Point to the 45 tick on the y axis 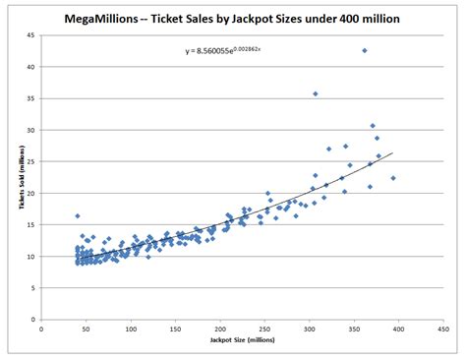tap(29, 35)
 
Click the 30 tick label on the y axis tap(29, 130)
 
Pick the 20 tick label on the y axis tap(29, 194)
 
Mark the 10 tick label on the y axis tap(29, 257)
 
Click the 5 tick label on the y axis tap(31, 288)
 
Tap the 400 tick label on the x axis tap(399, 328)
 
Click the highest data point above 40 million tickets tap(365, 50)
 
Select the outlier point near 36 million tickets tap(316, 93)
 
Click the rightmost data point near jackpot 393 tap(393, 178)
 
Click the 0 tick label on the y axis tap(31, 320)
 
